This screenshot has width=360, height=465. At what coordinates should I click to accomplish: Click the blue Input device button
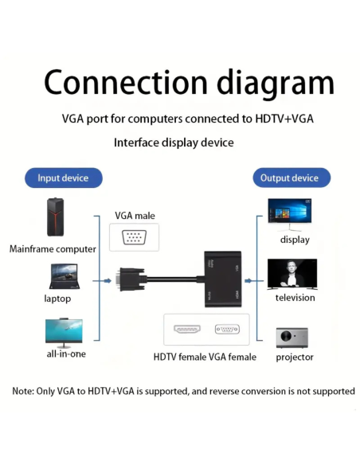click(64, 178)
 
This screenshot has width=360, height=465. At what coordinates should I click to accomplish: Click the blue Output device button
click(289, 178)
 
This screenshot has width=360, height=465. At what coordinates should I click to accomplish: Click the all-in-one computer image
click(64, 331)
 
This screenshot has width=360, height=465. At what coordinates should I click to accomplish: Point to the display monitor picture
click(290, 213)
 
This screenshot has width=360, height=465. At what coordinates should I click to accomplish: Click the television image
click(292, 273)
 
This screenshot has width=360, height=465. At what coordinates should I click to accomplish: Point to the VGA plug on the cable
click(129, 280)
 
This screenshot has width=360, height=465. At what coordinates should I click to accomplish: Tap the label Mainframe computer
click(53, 248)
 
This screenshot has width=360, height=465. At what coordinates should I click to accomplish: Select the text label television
click(295, 298)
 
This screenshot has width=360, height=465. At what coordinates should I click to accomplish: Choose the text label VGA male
click(135, 215)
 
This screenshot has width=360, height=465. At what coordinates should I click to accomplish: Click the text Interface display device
click(174, 143)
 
